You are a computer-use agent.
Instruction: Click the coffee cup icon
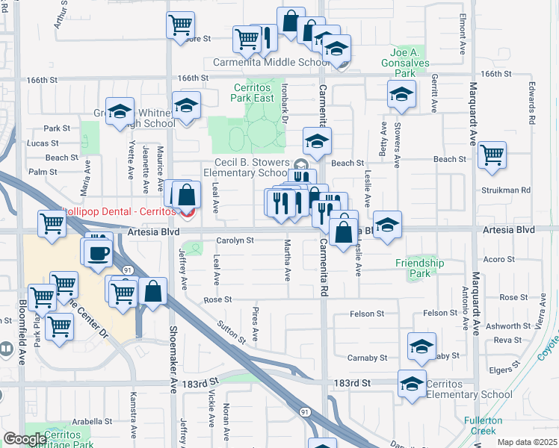[98, 253]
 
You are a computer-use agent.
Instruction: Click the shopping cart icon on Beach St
[492, 156]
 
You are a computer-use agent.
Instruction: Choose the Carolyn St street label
[235, 241]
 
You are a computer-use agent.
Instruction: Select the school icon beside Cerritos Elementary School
[412, 384]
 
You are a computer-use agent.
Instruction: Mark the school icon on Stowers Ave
[401, 95]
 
